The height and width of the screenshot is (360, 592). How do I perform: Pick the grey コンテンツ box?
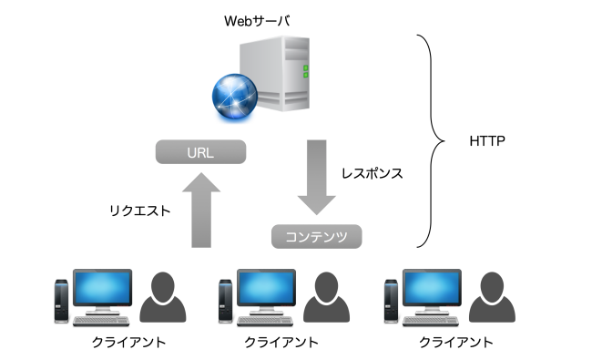pos(317,237)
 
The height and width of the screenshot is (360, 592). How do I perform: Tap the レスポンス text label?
pos(372,171)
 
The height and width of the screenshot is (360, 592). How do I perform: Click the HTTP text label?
pos(487,142)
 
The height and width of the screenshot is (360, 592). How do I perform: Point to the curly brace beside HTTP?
pos(428,141)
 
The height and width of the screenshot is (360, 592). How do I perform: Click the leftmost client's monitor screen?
pos(102,288)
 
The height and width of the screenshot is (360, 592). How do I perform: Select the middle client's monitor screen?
pos(268,288)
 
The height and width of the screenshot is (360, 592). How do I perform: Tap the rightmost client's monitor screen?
pos(434,288)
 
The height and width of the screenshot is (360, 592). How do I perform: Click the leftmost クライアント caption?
pos(116,343)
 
